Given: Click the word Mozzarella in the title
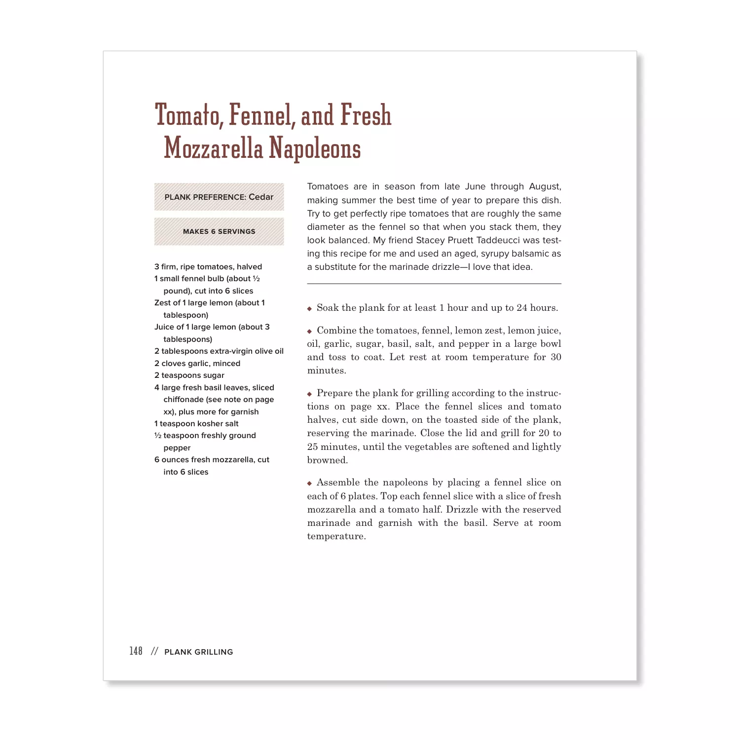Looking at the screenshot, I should point(213,148).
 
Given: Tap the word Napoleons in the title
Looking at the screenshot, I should point(315,148).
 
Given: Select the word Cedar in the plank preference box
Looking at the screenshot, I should point(261,197).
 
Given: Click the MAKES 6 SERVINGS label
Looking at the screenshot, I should point(219,231).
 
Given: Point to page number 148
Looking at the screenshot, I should point(136,651).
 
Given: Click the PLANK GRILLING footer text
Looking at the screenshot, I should point(198,652).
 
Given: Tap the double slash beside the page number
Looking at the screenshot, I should point(154,651).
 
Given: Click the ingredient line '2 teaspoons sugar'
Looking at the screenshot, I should point(189,375).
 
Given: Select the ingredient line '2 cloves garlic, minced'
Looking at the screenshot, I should point(197,363).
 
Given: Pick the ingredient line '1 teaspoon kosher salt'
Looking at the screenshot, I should point(196,423).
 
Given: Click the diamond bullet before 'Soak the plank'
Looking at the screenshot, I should point(309,309).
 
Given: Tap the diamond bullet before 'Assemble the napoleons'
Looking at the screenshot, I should point(309,483).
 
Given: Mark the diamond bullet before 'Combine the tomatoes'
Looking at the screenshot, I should point(309,332).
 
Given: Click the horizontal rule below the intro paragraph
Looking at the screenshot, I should point(434,284).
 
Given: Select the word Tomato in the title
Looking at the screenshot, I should point(187,115).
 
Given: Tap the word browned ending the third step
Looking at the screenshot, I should point(327,460).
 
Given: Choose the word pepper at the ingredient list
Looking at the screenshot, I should point(177,448).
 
